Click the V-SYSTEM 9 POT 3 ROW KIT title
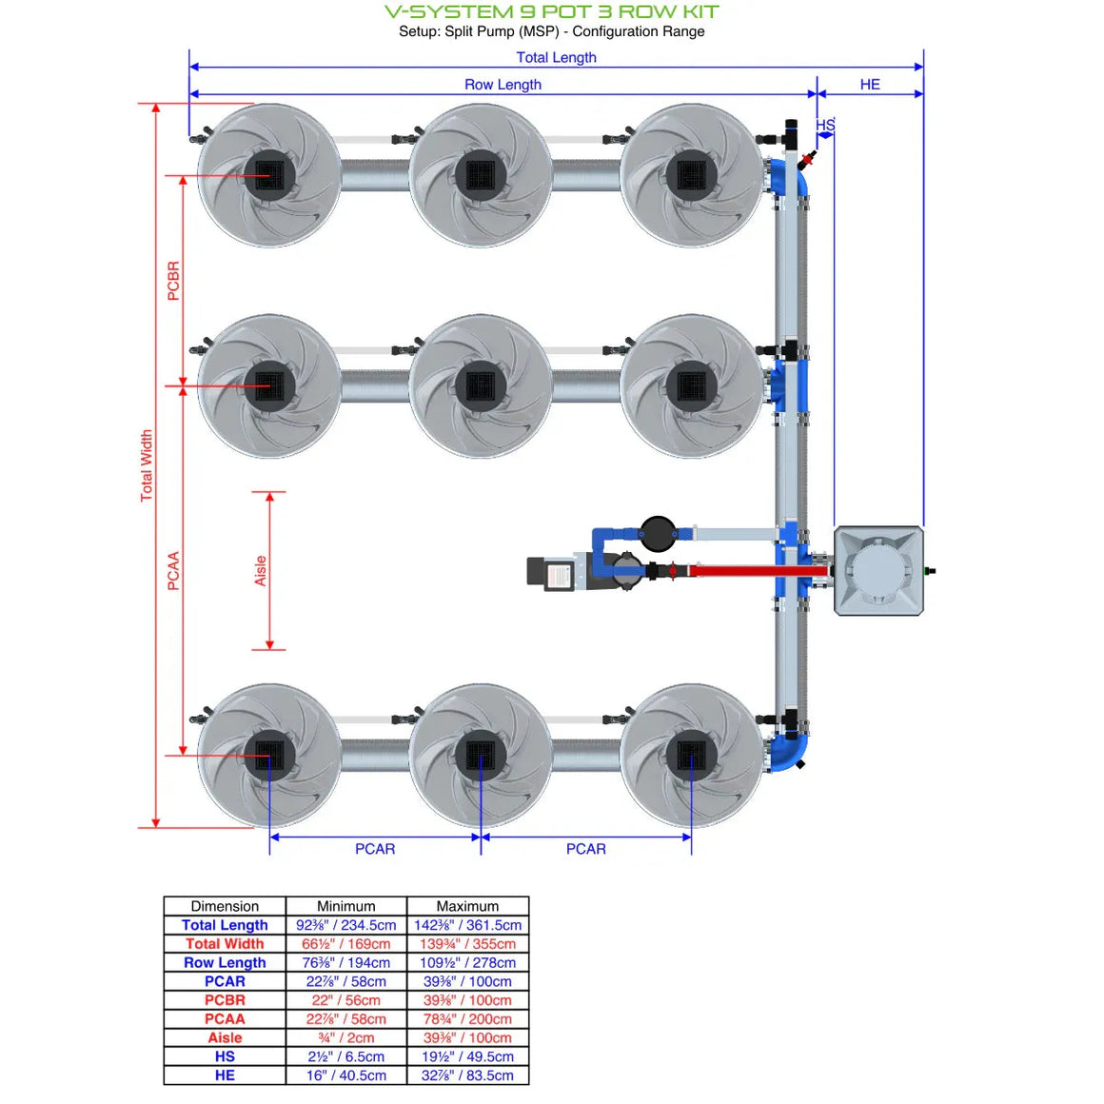click(551, 12)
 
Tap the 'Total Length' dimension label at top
click(556, 57)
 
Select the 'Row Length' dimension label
click(503, 85)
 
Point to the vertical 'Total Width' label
click(147, 465)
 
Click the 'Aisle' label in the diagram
click(260, 571)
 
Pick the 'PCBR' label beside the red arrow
click(173, 281)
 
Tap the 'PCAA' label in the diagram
click(173, 571)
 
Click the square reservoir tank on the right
click(878, 571)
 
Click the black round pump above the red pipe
click(658, 534)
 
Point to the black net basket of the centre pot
click(481, 386)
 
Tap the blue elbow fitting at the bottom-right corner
click(790, 751)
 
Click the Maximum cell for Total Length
click(467, 925)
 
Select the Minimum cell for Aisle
click(346, 1037)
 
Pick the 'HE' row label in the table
click(225, 1075)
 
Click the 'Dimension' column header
click(225, 906)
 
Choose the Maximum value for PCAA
click(467, 1019)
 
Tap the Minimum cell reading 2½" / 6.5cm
click(346, 1056)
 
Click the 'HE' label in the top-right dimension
click(870, 85)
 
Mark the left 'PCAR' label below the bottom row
click(375, 849)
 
